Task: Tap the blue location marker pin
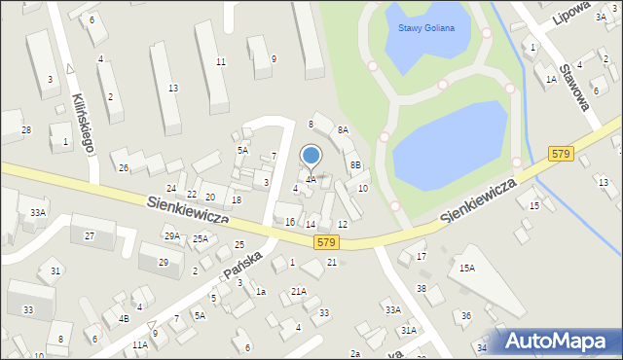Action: tap(311, 156)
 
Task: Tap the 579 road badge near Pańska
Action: tap(326, 242)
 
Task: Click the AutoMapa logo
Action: tap(558, 342)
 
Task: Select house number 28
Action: tap(26, 130)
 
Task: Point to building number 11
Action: tap(221, 61)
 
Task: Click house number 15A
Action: tap(467, 268)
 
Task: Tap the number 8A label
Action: tap(343, 130)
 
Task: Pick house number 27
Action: tap(90, 235)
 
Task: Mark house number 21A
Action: tap(299, 291)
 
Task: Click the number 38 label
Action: tap(421, 289)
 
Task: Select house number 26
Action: tap(124, 168)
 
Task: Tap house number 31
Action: tap(55, 270)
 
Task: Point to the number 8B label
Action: tap(355, 165)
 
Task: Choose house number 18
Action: tap(237, 200)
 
